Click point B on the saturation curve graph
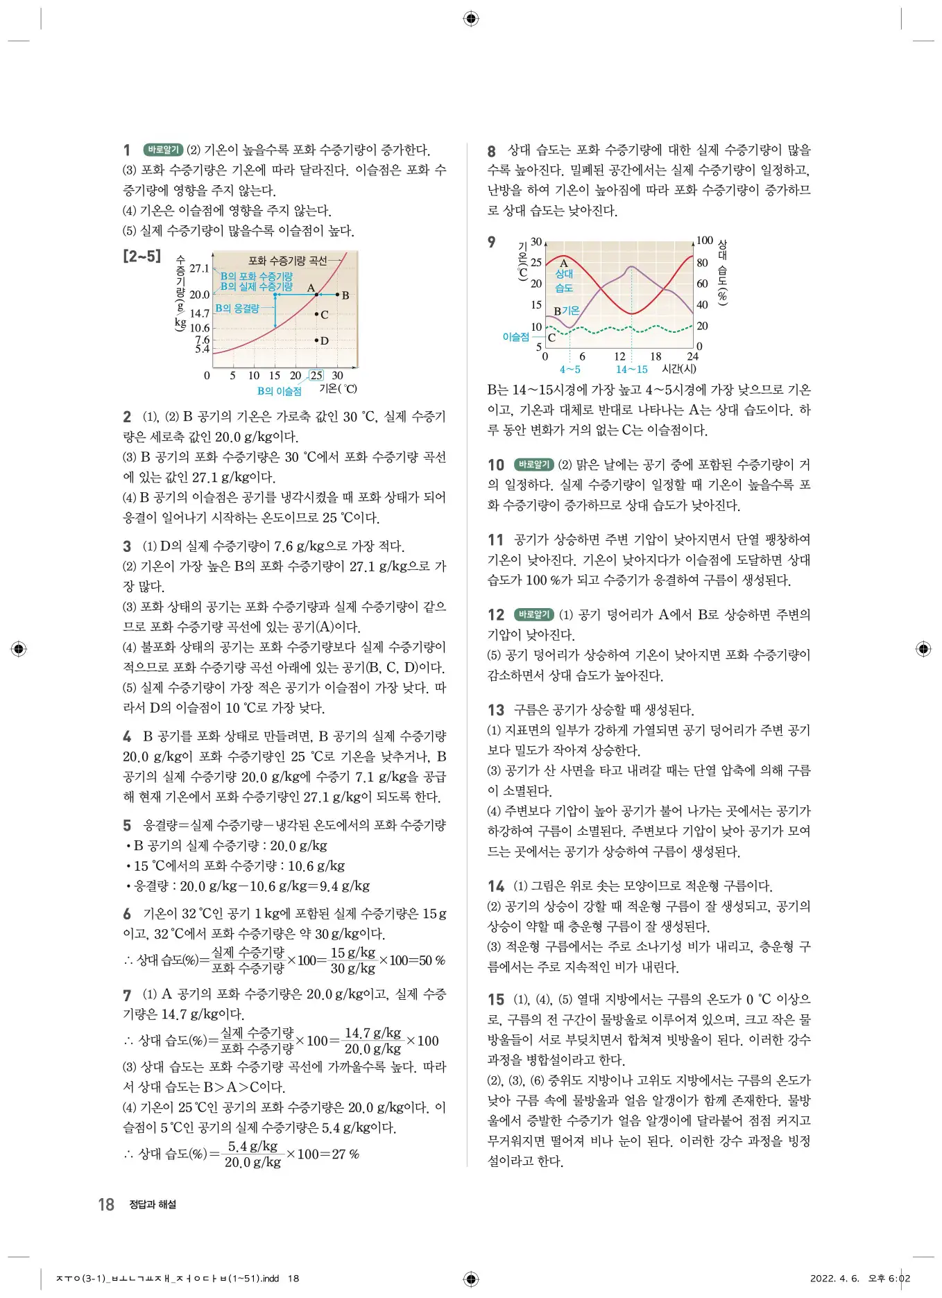point(338,295)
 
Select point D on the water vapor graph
point(317,340)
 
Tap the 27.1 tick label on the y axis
point(199,268)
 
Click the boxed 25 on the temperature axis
point(316,375)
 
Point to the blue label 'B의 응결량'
point(237,308)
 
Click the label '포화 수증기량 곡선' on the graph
point(287,261)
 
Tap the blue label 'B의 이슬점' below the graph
point(279,391)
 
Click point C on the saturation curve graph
point(317,315)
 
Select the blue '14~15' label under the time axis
point(631,370)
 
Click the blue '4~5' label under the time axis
point(570,370)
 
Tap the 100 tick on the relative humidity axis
point(704,241)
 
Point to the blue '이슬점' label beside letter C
point(515,337)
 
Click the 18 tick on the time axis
point(655,356)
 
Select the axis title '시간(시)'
point(679,369)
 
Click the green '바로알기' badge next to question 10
point(533,465)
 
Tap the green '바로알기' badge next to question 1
point(163,150)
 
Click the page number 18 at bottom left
point(106,1204)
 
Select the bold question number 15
point(496,1000)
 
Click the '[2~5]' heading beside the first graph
point(142,257)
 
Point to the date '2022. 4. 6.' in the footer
point(834,1278)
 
